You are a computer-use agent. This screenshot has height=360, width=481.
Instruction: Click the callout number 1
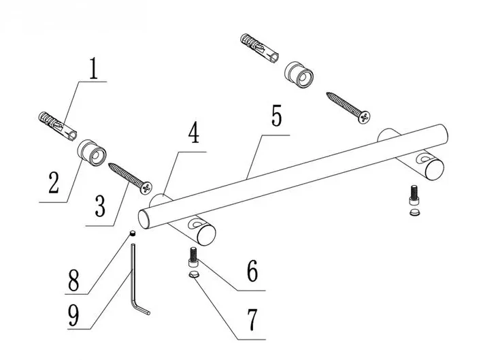click(x=94, y=69)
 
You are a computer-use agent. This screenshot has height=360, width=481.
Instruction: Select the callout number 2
click(x=54, y=182)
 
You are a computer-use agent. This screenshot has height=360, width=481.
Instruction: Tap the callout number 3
click(x=100, y=206)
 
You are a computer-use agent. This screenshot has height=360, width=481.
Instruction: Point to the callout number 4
click(x=194, y=133)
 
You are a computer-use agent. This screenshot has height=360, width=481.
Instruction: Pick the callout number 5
click(x=276, y=116)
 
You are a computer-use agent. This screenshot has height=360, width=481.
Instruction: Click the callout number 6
click(x=252, y=271)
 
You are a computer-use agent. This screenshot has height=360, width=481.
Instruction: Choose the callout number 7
click(x=252, y=320)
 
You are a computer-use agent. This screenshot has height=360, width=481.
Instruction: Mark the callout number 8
click(x=73, y=280)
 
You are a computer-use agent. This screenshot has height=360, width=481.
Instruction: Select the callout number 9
click(x=73, y=316)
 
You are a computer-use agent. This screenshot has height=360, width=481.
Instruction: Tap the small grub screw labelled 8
click(x=133, y=233)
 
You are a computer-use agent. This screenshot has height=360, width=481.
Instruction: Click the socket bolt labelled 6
click(x=193, y=257)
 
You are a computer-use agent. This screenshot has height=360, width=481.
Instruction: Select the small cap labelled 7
click(x=193, y=274)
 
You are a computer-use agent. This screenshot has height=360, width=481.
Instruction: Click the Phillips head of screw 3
click(x=146, y=188)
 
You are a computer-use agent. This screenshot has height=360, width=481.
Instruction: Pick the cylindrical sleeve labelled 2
click(x=91, y=152)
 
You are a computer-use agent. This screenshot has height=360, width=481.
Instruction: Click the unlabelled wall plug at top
click(x=260, y=48)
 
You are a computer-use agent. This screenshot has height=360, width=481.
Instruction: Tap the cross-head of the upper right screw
click(x=364, y=117)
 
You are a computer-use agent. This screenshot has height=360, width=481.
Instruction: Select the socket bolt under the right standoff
click(x=414, y=195)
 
